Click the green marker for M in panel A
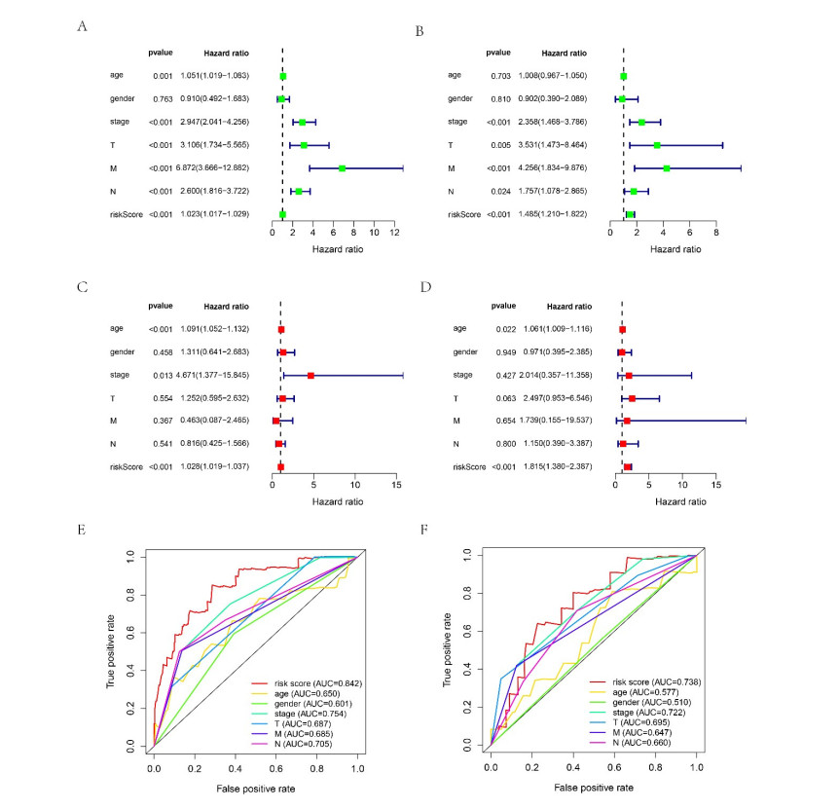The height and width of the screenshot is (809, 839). (x=342, y=168)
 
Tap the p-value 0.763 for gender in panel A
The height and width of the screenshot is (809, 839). (x=163, y=99)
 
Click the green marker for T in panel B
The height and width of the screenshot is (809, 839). (x=657, y=145)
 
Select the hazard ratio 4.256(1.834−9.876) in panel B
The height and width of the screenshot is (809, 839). (x=558, y=168)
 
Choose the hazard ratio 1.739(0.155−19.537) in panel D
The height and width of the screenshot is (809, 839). (x=558, y=422)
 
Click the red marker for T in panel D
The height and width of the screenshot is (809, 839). (x=632, y=398)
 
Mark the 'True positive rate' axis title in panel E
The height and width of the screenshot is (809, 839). (x=113, y=649)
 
